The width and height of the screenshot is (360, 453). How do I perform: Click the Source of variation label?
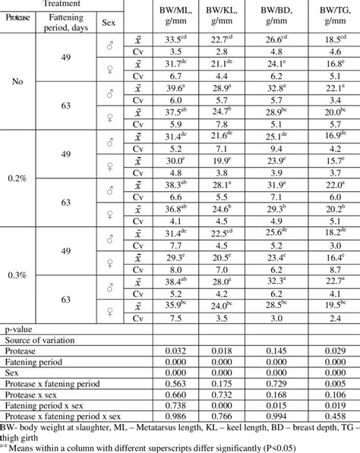36,341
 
